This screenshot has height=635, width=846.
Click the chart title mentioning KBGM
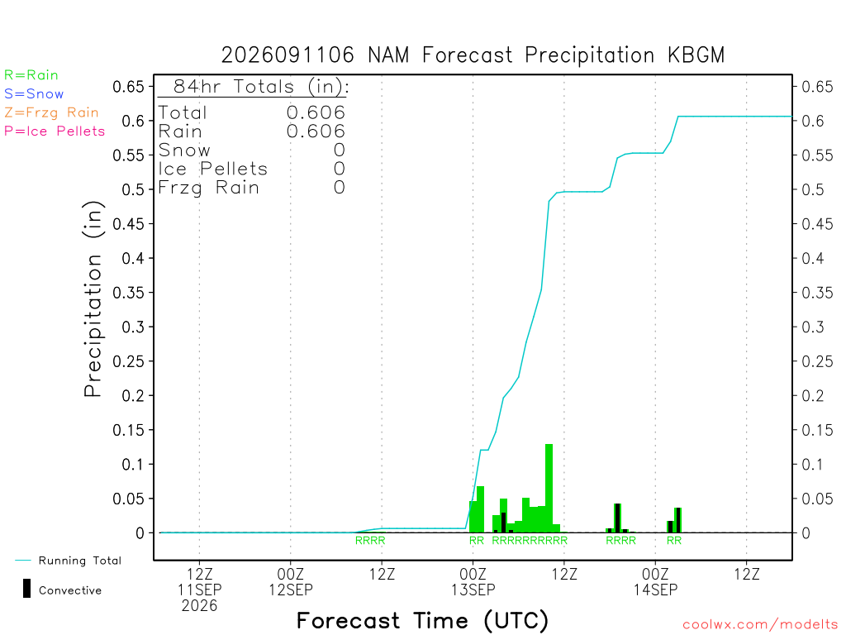pos(473,55)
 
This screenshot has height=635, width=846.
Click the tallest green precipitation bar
pos(549,488)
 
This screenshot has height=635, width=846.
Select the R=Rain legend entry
pos(31,75)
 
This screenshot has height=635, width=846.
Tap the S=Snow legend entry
pos(34,94)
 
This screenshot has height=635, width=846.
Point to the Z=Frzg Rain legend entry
pos(51,112)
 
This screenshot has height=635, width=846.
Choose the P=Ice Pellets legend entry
pos(55,131)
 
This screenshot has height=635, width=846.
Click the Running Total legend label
pos(80,561)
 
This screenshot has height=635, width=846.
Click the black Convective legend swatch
pos(26,589)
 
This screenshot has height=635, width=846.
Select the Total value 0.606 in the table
pos(316,112)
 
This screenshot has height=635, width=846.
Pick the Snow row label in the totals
pos(184,150)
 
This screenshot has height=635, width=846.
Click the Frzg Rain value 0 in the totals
pos(340,188)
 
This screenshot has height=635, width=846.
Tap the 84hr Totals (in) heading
pos(261,86)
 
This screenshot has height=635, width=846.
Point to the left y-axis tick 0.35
pos(128,293)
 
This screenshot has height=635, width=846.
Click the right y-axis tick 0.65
pos(817,86)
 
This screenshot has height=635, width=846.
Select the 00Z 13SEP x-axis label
pos(473,581)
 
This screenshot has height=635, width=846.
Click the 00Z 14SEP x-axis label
pos(655,581)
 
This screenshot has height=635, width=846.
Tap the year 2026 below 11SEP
pos(200,606)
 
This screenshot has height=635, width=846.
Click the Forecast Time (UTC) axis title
pos(422,621)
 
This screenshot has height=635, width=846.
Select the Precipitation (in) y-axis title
pos(93,299)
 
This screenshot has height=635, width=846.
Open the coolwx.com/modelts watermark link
pos(760,625)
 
